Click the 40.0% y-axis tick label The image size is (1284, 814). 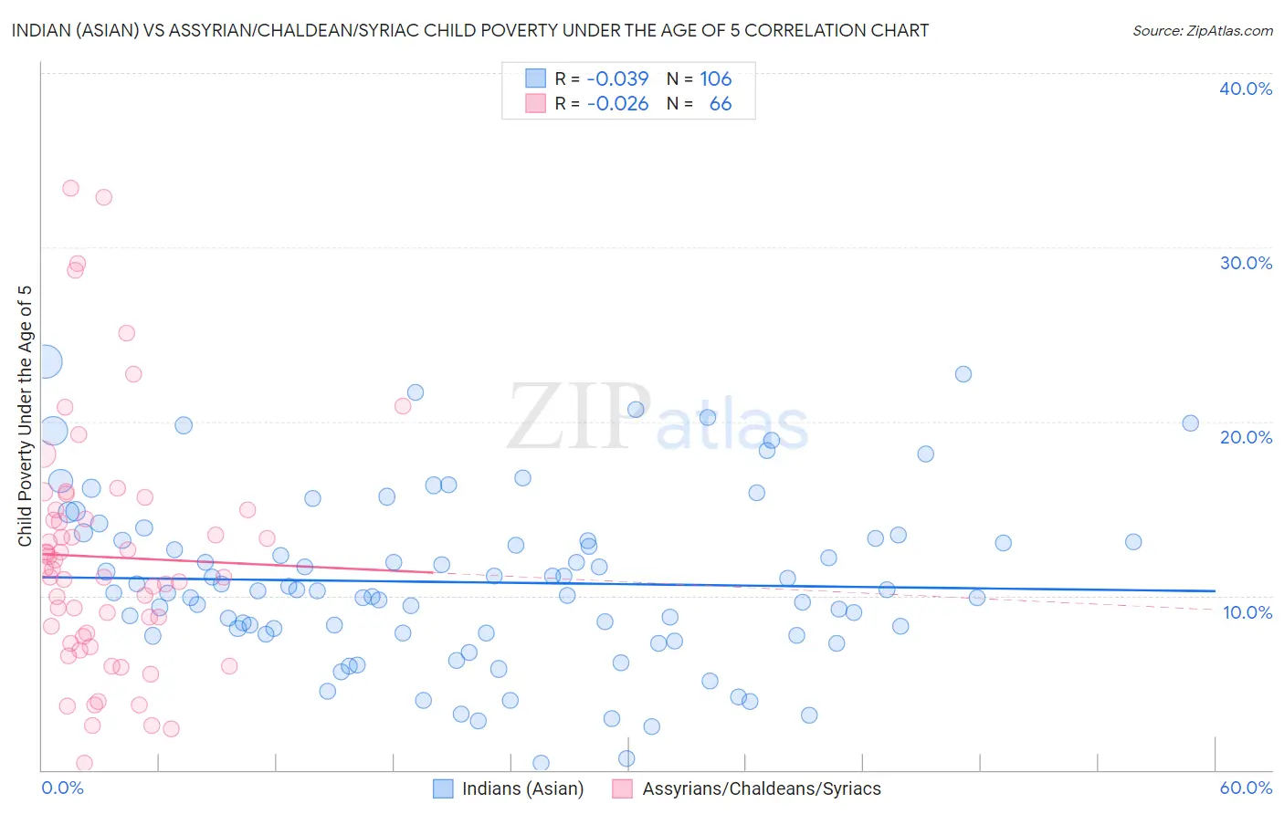coord(1246,89)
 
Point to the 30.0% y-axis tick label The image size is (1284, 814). coord(1246,263)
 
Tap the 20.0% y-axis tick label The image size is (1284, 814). coord(1246,437)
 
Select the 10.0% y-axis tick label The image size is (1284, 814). coord(1247,612)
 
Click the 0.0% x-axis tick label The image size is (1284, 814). coord(62,788)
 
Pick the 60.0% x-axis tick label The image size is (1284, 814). coord(1246,788)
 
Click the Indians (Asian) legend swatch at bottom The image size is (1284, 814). coord(443,788)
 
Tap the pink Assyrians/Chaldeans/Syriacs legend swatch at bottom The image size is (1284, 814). coord(623,788)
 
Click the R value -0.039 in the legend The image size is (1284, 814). coord(617,78)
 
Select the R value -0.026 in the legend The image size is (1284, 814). coord(617,104)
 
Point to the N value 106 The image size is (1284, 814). coord(716,78)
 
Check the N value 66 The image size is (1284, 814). coord(721,104)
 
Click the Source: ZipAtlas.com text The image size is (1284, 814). coord(1202,31)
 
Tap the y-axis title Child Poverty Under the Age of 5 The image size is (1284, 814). coord(26,416)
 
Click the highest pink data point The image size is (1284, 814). coord(70,188)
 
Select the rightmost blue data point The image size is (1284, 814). coord(1190,423)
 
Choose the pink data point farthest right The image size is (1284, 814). coord(403,406)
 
